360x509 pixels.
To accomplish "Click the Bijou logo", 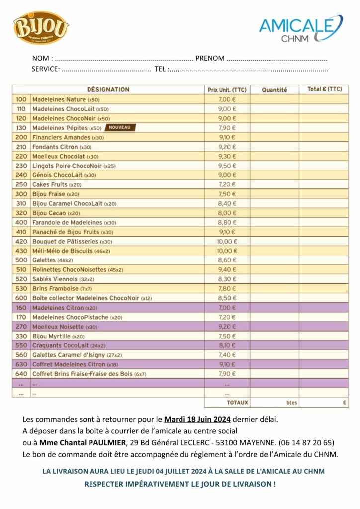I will (41, 27).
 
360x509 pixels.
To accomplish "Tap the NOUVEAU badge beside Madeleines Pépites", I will (120, 128).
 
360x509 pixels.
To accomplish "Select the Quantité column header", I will (274, 90).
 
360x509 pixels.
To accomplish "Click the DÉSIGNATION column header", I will (108, 90).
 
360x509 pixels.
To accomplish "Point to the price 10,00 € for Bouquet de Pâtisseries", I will (227, 242).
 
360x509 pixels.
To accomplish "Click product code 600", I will (21, 298).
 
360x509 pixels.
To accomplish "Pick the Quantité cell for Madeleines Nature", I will (274, 99).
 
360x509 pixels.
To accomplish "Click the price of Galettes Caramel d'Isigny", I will (227, 355).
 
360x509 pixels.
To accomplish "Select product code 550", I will (21, 345).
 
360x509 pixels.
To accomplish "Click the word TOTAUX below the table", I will (237, 402).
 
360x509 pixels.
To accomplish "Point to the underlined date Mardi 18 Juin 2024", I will (197, 419).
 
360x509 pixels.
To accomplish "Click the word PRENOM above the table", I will (210, 58).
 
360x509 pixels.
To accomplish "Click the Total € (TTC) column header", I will (324, 89).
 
